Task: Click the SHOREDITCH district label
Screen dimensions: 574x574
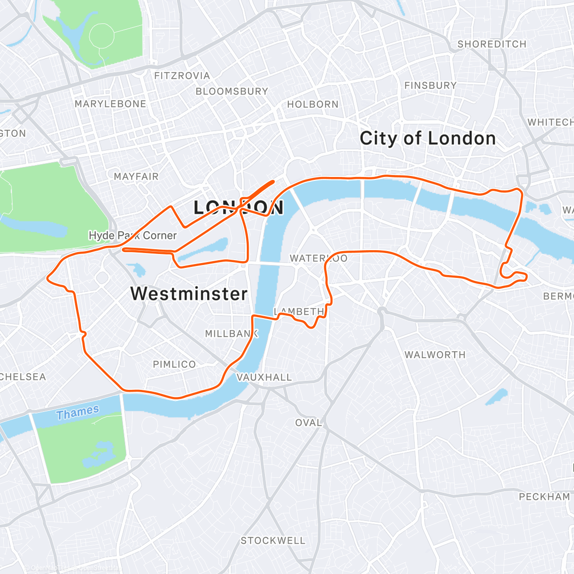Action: click(492, 44)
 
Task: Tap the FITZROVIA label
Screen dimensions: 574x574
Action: click(182, 76)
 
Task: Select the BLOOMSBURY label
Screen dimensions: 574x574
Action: click(232, 91)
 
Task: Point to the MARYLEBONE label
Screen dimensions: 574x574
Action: click(110, 104)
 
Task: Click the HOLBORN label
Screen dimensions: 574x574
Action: click(313, 104)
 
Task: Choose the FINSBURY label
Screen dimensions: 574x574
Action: click(430, 86)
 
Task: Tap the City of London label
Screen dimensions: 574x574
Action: click(428, 138)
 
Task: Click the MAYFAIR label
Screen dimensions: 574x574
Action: click(136, 177)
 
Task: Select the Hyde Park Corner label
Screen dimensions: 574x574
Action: click(132, 235)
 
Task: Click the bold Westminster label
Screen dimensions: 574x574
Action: click(189, 294)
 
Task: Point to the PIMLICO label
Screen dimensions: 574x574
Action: click(174, 364)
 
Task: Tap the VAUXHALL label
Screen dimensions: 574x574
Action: click(264, 377)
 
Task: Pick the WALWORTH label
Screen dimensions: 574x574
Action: click(435, 355)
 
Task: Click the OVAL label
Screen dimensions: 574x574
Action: click(309, 423)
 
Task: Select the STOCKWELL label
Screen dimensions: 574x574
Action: click(273, 541)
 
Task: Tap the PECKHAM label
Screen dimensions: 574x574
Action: click(544, 497)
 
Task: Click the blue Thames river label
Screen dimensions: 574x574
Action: click(77, 412)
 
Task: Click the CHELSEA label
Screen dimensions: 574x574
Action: click(23, 377)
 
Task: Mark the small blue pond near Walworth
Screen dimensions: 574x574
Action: click(497, 397)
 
